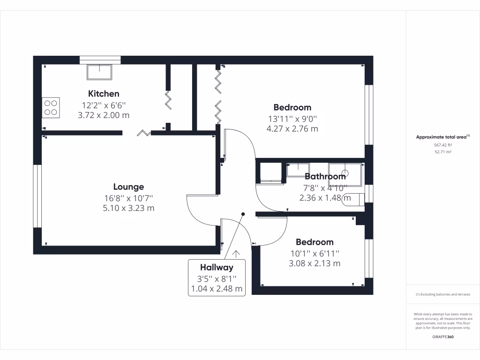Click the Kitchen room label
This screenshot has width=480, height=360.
pyautogui.click(x=104, y=94)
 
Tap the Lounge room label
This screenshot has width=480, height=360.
pyautogui.click(x=128, y=187)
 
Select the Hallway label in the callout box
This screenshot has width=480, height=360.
pyautogui.click(x=217, y=268)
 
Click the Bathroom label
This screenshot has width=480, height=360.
pyautogui.click(x=325, y=176)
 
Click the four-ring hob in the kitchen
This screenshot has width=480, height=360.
pyautogui.click(x=51, y=107)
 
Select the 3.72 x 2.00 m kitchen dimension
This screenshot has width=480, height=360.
pyautogui.click(x=104, y=115)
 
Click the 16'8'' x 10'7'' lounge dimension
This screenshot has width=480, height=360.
pyautogui.click(x=128, y=198)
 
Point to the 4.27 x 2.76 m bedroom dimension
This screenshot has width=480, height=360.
pyautogui.click(x=292, y=128)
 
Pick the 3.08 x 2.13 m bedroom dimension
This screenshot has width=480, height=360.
pyautogui.click(x=315, y=263)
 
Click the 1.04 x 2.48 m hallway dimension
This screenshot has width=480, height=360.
pyautogui.click(x=217, y=289)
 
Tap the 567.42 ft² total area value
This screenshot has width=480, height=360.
pyautogui.click(x=443, y=145)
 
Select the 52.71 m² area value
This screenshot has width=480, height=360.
pyautogui.click(x=443, y=152)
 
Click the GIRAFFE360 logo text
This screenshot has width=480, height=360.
pyautogui.click(x=443, y=337)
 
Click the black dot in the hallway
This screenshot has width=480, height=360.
pyautogui.click(x=243, y=214)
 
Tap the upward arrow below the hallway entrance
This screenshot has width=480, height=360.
pyautogui.click(x=236, y=253)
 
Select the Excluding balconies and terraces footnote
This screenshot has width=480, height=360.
pyautogui.click(x=443, y=294)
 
